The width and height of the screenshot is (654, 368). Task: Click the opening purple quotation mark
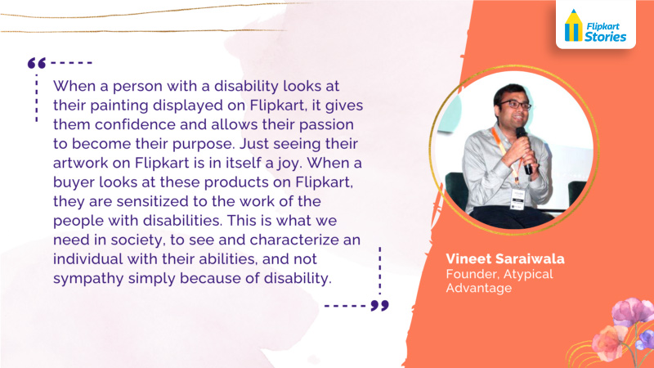(x=37, y=63)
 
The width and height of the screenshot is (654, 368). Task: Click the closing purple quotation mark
(x=379, y=305)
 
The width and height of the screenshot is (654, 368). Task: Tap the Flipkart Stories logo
(x=595, y=26)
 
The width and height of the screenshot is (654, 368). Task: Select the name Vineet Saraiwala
(x=505, y=258)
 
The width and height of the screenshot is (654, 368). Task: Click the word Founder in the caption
(x=472, y=274)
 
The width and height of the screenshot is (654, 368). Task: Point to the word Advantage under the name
(x=479, y=288)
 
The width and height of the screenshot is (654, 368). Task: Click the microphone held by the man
(x=524, y=150)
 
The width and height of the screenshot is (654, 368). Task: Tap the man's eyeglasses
(x=515, y=105)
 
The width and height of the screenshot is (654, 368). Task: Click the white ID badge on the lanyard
(x=517, y=199)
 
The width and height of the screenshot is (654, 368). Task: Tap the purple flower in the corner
(x=645, y=339)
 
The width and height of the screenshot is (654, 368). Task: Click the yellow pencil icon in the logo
(x=574, y=25)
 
